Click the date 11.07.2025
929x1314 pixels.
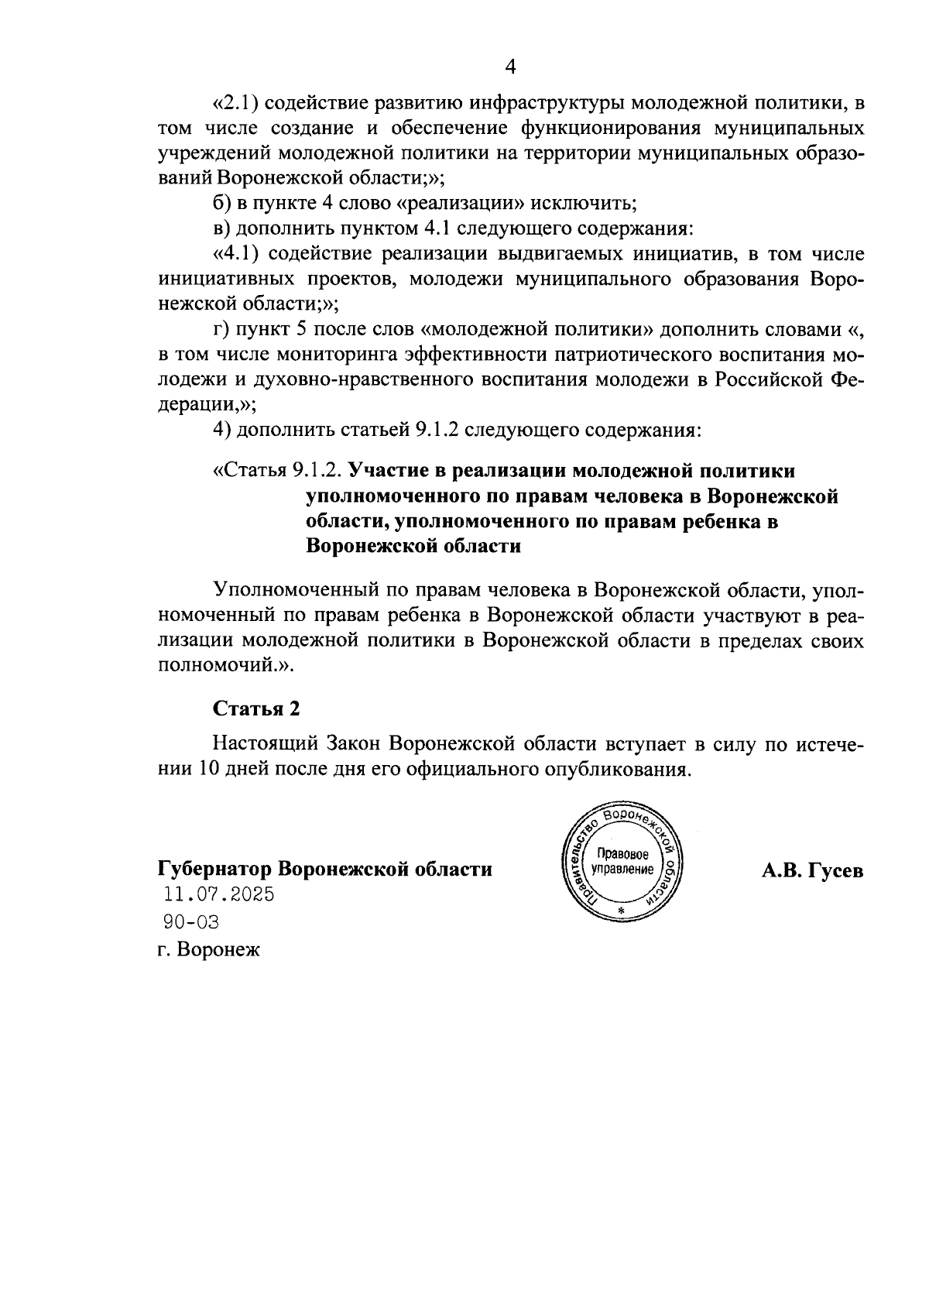(218, 895)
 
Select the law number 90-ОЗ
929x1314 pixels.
(191, 921)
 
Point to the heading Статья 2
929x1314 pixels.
(255, 708)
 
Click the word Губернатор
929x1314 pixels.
(214, 869)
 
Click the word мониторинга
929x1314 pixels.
(325, 355)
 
